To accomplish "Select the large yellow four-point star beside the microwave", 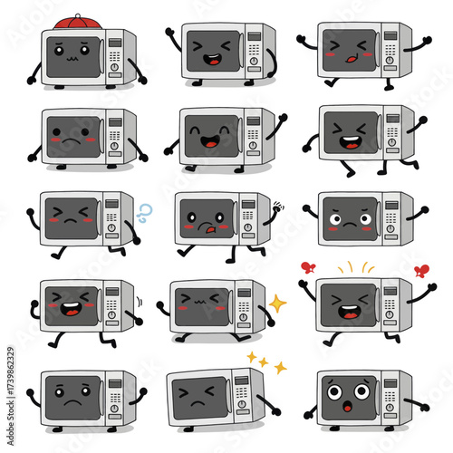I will pyautogui.click(x=277, y=301).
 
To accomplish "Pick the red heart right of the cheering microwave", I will pyautogui.click(x=420, y=270).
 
